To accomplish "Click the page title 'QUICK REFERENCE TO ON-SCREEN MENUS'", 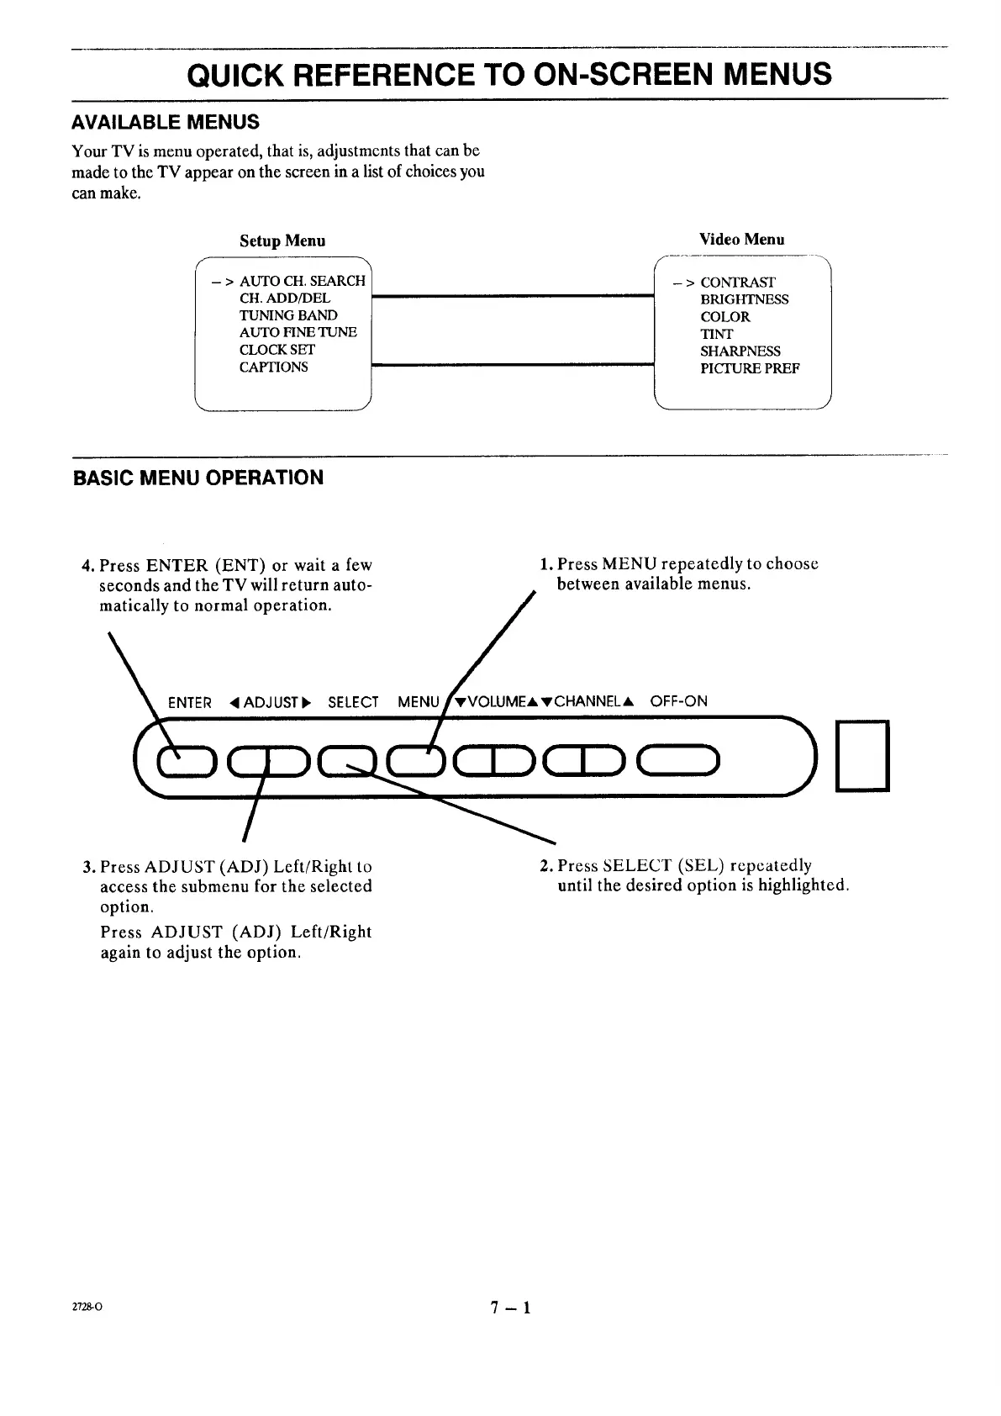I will pyautogui.click(x=509, y=75).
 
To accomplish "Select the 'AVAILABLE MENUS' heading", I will pyautogui.click(x=166, y=122).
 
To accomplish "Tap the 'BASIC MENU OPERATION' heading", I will pyautogui.click(x=198, y=478).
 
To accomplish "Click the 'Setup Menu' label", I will pyautogui.click(x=282, y=240).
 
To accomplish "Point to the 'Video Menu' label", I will pyautogui.click(x=742, y=239).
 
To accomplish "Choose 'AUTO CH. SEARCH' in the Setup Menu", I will pyautogui.click(x=303, y=281).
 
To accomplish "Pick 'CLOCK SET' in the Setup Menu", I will pyautogui.click(x=277, y=349).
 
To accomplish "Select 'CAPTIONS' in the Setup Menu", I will pyautogui.click(x=274, y=367).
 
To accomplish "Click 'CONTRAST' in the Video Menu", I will pyautogui.click(x=738, y=283).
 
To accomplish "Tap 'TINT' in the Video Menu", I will pyautogui.click(x=716, y=334).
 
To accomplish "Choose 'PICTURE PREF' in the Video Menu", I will pyautogui.click(x=750, y=368).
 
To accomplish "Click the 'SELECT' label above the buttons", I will pyautogui.click(x=353, y=702).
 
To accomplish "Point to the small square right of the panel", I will pyautogui.click(x=862, y=755).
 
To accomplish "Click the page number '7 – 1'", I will pyautogui.click(x=512, y=1308).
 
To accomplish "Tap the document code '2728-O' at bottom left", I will pyautogui.click(x=87, y=1308).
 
